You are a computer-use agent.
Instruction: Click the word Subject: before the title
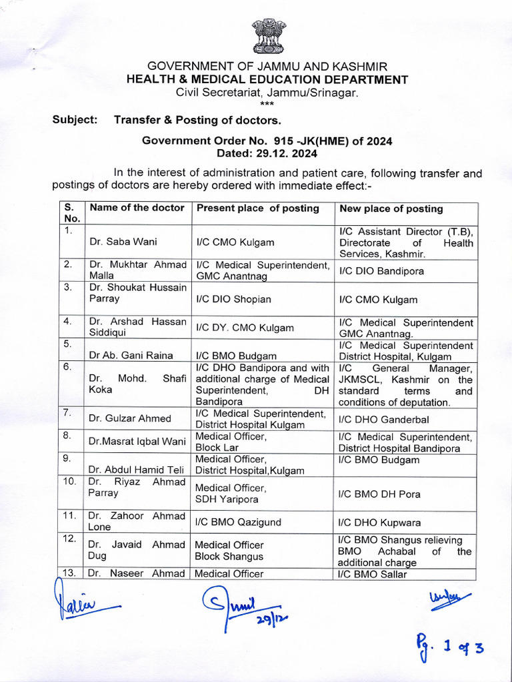(75, 120)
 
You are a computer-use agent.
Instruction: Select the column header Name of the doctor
(137, 208)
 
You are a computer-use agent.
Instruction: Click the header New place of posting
(391, 208)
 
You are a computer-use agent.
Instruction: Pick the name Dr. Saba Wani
(119, 242)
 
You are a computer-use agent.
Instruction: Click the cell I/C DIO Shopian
(233, 300)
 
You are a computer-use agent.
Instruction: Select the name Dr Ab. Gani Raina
(131, 356)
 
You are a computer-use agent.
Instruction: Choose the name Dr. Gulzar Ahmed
(130, 418)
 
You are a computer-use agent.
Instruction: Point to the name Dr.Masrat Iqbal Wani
(137, 441)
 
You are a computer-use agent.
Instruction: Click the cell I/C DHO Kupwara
(379, 523)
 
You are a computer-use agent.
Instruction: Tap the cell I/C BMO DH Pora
(379, 494)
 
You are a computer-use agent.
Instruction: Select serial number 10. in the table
(69, 482)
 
